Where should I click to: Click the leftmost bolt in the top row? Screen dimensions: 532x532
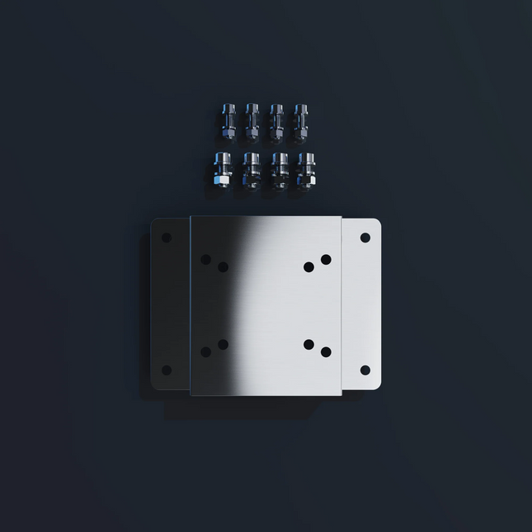pyautogui.click(x=228, y=121)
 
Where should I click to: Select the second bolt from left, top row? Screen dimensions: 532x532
pyautogui.click(x=252, y=121)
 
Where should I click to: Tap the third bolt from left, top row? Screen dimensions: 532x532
pyautogui.click(x=276, y=121)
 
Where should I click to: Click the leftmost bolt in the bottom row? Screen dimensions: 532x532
pyautogui.click(x=222, y=171)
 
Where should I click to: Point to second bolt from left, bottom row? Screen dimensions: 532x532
pyautogui.click(x=251, y=171)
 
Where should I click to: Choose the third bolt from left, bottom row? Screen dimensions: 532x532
pyautogui.click(x=279, y=171)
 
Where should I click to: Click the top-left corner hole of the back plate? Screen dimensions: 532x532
pyautogui.click(x=166, y=238)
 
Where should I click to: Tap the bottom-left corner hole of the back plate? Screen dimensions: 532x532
pyautogui.click(x=166, y=370)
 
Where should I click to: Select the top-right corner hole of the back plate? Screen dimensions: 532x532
pyautogui.click(x=365, y=238)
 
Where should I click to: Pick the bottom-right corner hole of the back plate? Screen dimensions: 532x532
pyautogui.click(x=365, y=370)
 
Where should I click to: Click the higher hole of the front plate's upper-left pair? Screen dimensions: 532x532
pyautogui.click(x=205, y=259)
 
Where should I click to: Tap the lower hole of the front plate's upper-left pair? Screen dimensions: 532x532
pyautogui.click(x=223, y=266)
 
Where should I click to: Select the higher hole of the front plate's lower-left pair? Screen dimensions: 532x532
pyautogui.click(x=223, y=344)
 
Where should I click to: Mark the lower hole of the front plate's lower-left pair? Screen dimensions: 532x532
pyautogui.click(x=205, y=351)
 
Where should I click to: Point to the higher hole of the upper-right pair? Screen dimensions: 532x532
pyautogui.click(x=326, y=259)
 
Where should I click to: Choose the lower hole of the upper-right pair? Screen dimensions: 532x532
pyautogui.click(x=308, y=266)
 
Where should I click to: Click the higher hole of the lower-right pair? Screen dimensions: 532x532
pyautogui.click(x=308, y=344)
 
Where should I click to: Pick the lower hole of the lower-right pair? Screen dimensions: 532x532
pyautogui.click(x=326, y=351)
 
